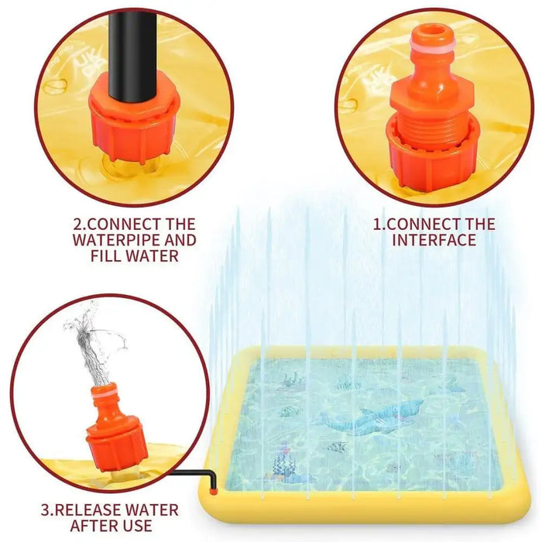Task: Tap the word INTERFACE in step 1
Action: pyautogui.click(x=434, y=240)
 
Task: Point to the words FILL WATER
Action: pyautogui.click(x=134, y=256)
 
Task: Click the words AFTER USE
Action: pyautogui.click(x=111, y=527)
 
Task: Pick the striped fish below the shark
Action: pyautogui.click(x=338, y=447)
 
